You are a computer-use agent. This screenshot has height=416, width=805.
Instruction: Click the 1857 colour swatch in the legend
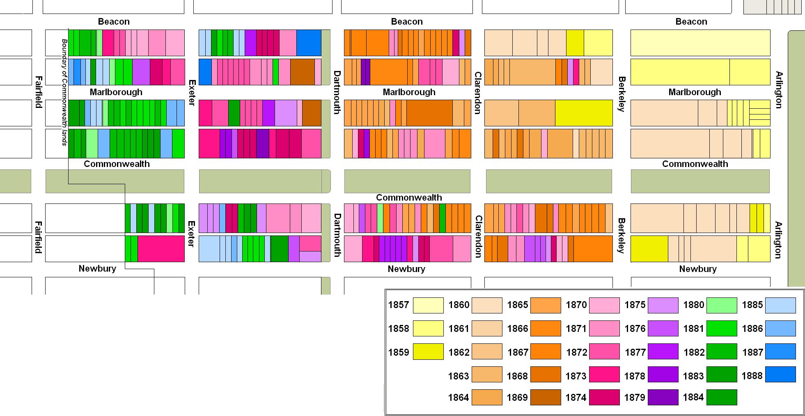pos(428,305)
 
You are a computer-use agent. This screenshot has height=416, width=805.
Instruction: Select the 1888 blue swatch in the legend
pos(780,375)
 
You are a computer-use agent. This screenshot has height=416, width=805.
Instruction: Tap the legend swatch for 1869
pos(546,397)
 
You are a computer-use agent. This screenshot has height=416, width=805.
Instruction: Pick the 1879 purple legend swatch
pos(663,397)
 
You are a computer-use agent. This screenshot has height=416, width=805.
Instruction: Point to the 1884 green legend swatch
pos(722,397)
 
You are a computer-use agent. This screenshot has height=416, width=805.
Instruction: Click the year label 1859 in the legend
pos(399,352)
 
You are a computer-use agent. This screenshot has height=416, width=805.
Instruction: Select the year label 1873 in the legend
pos(576,376)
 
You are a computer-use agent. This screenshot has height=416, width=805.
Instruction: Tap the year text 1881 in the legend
pos(694,329)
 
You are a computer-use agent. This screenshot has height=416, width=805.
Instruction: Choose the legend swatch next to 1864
pos(487,397)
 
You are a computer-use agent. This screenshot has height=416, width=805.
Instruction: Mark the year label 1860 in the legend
pos(459,305)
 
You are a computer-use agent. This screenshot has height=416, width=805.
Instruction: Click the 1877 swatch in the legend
pos(663,352)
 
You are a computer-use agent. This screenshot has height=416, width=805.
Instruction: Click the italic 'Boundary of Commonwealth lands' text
pos(64,92)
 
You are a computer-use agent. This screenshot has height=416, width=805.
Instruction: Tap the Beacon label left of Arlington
pos(691,22)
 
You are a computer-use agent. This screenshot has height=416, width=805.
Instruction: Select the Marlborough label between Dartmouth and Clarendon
pos(409,92)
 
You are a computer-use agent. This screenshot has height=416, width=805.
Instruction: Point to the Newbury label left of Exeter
pos(97,269)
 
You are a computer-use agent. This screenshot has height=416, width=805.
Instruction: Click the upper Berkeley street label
pos(622,94)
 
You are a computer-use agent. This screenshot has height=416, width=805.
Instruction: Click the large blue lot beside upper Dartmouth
pos(309,43)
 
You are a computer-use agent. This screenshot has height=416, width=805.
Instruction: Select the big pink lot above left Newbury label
pos(161,249)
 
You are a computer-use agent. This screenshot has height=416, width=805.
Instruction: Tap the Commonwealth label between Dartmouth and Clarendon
pos(409,198)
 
